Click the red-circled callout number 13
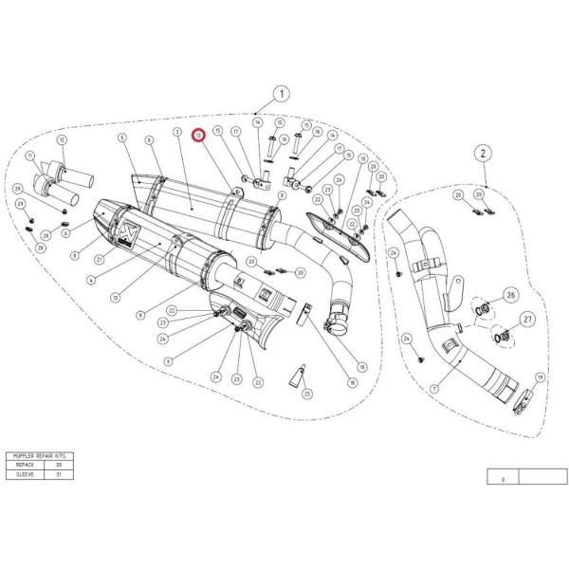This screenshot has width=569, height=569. [x=198, y=137]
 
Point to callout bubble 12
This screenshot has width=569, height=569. [x=62, y=140]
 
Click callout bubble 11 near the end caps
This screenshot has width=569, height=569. [x=31, y=156]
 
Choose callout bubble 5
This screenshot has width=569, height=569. [x=122, y=138]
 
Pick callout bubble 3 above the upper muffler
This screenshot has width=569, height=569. [x=177, y=133]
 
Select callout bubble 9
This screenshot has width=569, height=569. [x=168, y=361]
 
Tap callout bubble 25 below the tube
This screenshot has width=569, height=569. [x=306, y=393]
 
